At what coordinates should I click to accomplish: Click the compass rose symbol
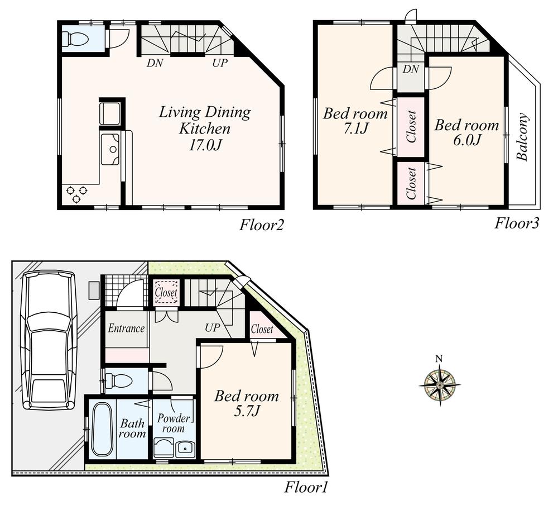pos(440,385)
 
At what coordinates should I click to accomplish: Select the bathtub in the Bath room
pos(102,428)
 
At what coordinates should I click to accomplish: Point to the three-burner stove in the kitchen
pos(77,194)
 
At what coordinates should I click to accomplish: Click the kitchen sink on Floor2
pos(110,149)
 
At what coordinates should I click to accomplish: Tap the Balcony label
pos(522,137)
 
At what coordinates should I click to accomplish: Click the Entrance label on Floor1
pos(126,328)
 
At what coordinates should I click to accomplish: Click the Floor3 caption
pos(517,223)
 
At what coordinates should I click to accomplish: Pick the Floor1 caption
pos(306,488)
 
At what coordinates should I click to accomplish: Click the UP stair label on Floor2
pos(219,63)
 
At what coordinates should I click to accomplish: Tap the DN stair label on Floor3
pos(411,69)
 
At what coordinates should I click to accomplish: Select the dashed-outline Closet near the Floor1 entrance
pos(166,292)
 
